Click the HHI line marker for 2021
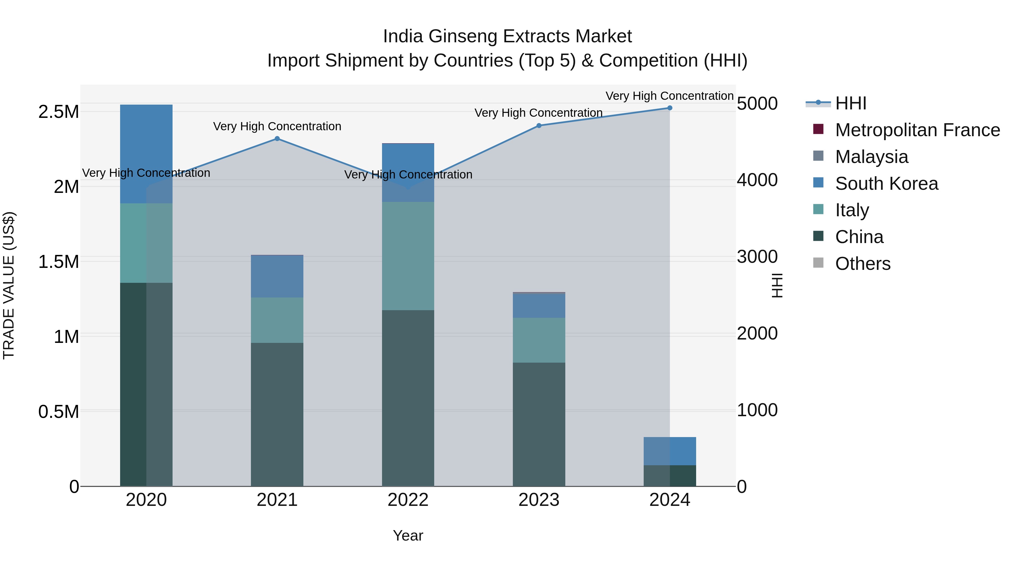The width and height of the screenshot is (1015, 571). pos(277,139)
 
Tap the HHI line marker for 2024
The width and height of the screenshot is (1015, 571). pos(669,108)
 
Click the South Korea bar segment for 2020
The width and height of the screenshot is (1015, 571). pos(146,154)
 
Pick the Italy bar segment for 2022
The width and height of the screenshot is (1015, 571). pos(408,256)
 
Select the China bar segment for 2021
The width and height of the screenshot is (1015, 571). pos(277,414)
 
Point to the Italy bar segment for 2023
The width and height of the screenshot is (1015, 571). pos(539,340)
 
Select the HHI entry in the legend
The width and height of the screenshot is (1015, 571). pos(850,103)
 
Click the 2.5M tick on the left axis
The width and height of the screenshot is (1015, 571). pos(58,112)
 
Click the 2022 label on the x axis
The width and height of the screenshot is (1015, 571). pos(408,500)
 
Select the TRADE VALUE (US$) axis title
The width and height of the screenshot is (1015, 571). pos(9,285)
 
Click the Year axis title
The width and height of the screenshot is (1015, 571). pos(408,535)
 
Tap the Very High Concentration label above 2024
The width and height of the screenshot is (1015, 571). pos(669,96)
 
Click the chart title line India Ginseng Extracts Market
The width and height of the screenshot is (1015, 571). pos(507,36)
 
